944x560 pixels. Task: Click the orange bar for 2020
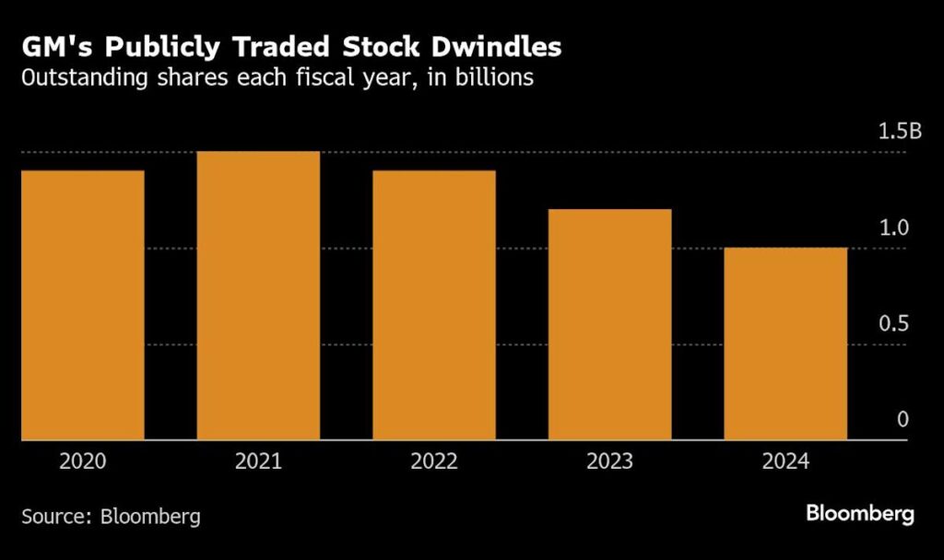click(83, 305)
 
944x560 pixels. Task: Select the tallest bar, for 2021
click(258, 296)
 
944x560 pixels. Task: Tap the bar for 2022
click(434, 305)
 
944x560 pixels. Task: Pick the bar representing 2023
click(609, 324)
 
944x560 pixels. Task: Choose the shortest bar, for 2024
click(785, 344)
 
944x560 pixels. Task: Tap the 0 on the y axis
click(903, 420)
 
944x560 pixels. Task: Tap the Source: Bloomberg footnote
click(111, 516)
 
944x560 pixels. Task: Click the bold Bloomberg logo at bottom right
click(859, 514)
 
